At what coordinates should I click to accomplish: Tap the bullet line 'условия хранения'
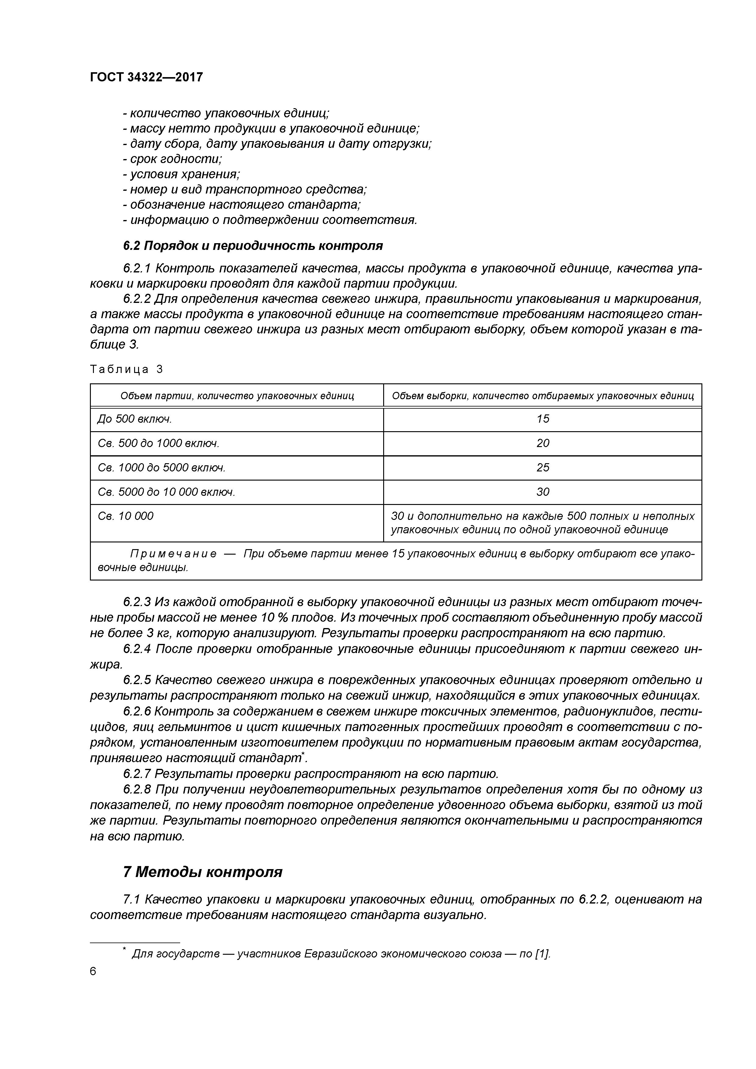click(181, 175)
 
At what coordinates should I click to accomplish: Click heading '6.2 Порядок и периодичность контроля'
click(252, 245)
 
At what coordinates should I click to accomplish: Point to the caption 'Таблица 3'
click(126, 370)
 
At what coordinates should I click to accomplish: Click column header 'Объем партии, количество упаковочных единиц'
click(237, 396)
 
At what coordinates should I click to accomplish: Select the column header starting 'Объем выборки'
click(543, 396)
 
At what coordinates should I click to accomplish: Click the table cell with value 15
click(543, 419)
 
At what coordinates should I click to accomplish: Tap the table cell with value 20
click(543, 443)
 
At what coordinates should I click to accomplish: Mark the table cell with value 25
click(543, 467)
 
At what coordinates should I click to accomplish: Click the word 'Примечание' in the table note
click(173, 554)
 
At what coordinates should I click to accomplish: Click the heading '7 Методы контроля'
click(203, 872)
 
